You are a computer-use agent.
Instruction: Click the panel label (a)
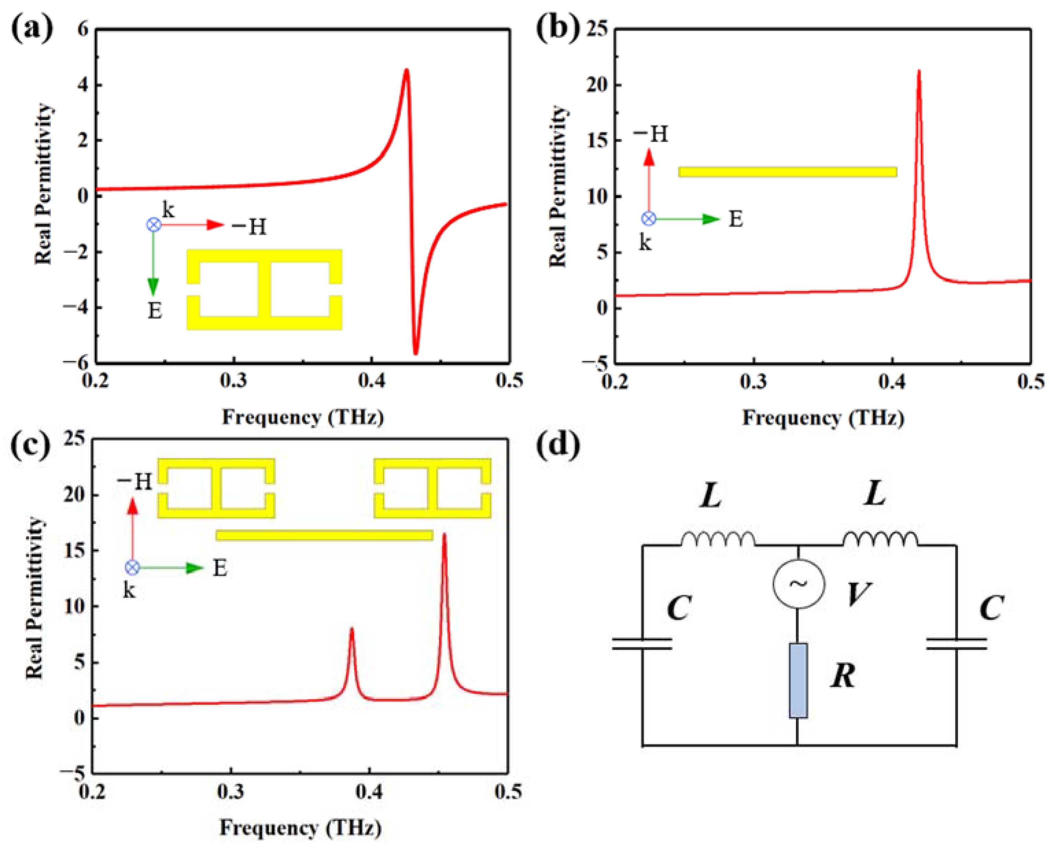[x=32, y=30]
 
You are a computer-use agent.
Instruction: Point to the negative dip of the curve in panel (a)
[x=416, y=353]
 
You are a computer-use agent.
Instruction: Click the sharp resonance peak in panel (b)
[x=918, y=72]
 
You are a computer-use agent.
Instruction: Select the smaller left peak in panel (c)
[x=351, y=630]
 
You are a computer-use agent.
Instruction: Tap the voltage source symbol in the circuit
[x=798, y=584]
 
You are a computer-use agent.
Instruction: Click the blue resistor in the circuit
[x=798, y=681]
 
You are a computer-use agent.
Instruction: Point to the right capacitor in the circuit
[x=956, y=644]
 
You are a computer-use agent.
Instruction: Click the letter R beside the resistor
[x=843, y=677]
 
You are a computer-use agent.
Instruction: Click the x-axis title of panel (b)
[x=823, y=418]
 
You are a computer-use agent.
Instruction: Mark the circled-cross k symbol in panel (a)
[x=154, y=225]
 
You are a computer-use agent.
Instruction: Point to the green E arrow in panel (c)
[x=171, y=568]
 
